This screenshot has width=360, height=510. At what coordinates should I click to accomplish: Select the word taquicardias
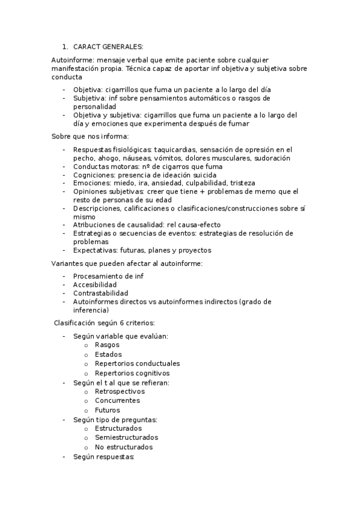(175, 150)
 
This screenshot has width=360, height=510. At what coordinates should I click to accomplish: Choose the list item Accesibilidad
(94, 284)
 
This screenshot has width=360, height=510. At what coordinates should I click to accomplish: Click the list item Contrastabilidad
(100, 293)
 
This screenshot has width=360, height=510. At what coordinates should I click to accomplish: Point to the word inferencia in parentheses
(90, 310)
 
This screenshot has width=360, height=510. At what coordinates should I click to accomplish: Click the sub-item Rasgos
(107, 345)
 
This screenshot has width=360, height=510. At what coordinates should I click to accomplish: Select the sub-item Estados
(108, 355)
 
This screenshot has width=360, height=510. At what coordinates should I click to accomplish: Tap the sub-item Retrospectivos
(120, 392)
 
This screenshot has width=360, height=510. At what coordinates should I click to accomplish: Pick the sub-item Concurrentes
(117, 401)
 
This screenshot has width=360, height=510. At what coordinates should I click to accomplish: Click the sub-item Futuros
(107, 410)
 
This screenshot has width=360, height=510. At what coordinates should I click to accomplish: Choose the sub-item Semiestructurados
(126, 438)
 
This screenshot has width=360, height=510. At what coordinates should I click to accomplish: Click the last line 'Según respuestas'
(103, 457)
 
